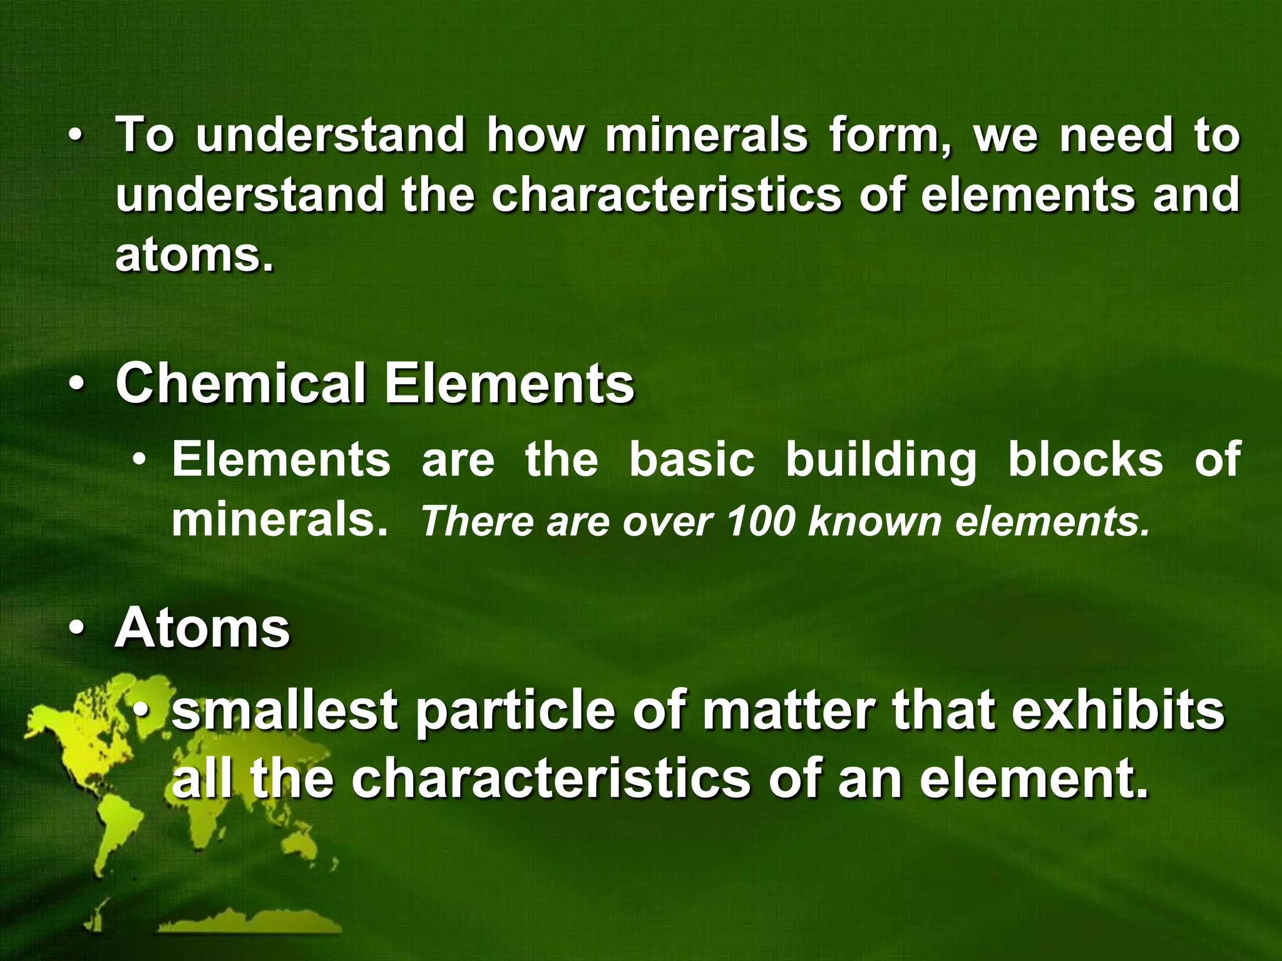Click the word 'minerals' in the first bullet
coord(706,135)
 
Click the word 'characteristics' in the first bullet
coord(667,195)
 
